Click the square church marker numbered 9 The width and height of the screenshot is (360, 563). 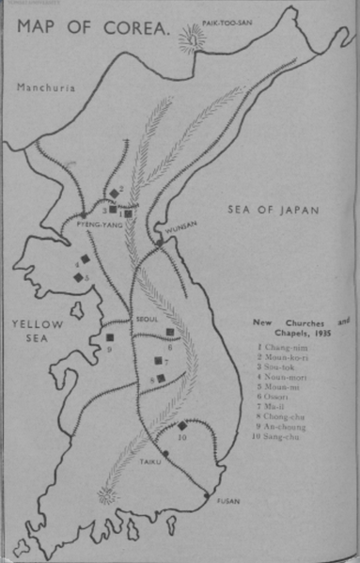(110, 336)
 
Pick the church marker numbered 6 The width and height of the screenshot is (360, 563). (170, 333)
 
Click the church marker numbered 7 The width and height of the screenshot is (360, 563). (159, 361)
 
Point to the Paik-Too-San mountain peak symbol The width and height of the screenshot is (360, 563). (196, 39)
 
